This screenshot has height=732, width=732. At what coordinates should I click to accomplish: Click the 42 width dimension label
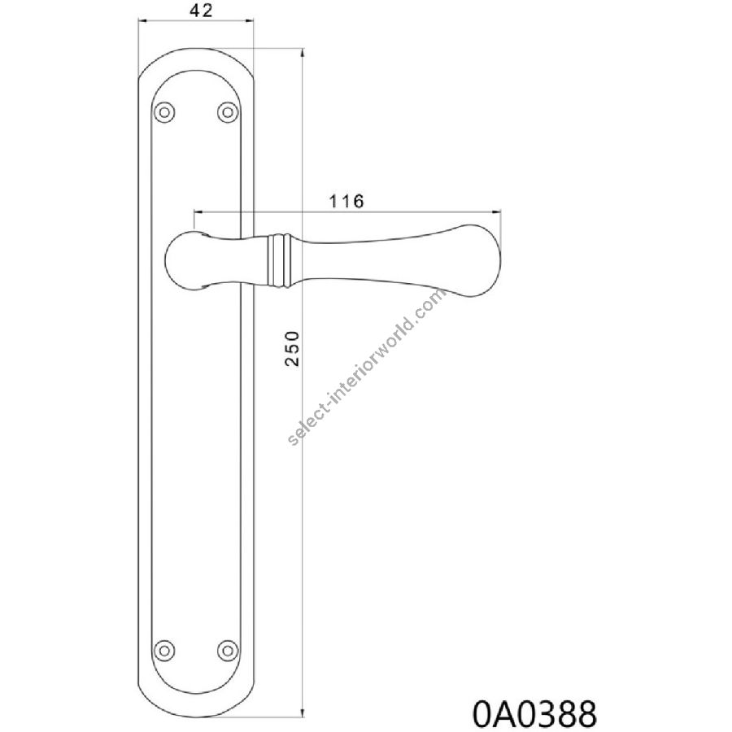(x=201, y=11)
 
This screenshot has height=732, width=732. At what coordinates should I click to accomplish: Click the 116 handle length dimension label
(x=346, y=201)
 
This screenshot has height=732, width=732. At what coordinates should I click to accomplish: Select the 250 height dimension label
(x=292, y=348)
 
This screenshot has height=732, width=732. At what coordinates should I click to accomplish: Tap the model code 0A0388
(x=534, y=713)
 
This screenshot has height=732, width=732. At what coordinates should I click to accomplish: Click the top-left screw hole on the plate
(x=164, y=112)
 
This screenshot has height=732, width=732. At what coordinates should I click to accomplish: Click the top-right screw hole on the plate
(x=228, y=112)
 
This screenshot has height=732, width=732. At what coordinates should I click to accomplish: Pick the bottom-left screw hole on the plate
(x=164, y=650)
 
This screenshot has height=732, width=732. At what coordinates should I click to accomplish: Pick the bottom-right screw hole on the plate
(x=228, y=650)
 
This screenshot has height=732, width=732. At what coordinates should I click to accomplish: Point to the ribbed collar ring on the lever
(x=279, y=259)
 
